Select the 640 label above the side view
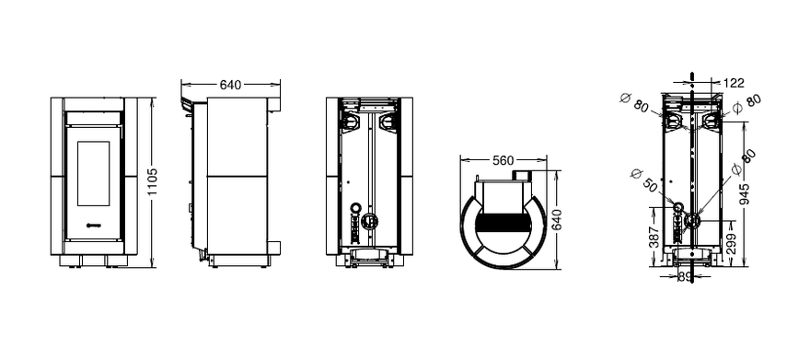[230, 85]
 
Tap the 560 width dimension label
[503, 160]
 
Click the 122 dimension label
[734, 83]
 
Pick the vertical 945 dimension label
[745, 194]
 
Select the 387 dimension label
[654, 237]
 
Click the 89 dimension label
[685, 277]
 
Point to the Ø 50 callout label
[644, 180]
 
